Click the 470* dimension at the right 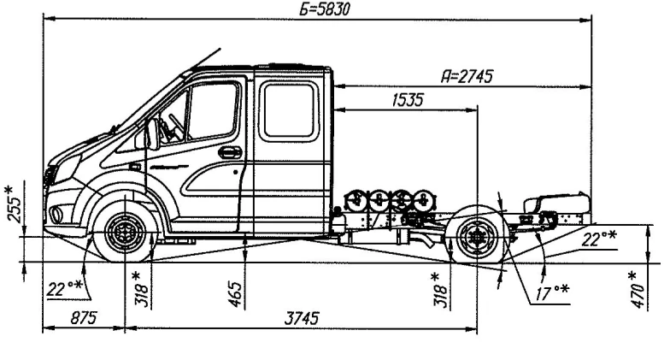[x=633, y=288]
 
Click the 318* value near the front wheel [x=142, y=289]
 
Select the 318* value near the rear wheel [x=440, y=289]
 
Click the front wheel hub [x=125, y=230]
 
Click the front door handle [x=230, y=152]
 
